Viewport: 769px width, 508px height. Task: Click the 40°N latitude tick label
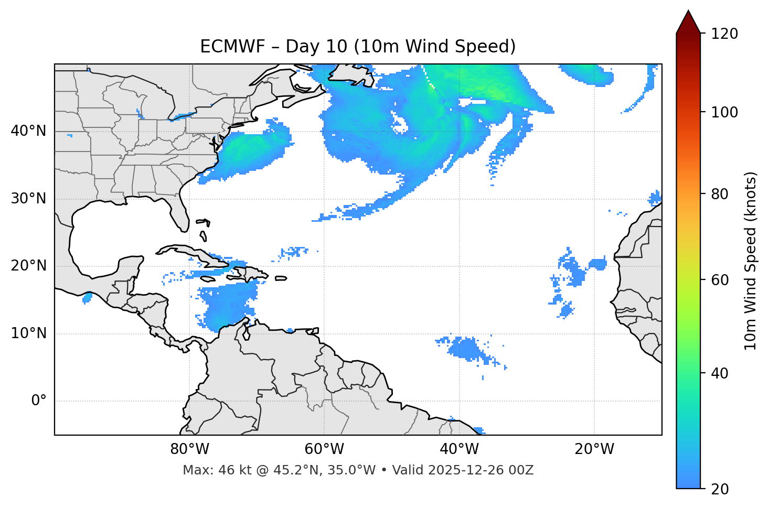tap(28, 131)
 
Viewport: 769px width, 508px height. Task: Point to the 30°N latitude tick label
tap(28, 199)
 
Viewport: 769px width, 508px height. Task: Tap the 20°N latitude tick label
tap(28, 266)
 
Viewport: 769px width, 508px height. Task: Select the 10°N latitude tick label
tap(28, 333)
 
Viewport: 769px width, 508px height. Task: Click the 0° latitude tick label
tap(39, 401)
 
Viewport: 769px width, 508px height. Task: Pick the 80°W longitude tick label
tap(189, 449)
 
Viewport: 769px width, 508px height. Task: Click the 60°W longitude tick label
tap(324, 449)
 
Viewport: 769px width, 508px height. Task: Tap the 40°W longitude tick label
tap(459, 449)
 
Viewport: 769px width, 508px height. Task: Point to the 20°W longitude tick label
tap(594, 449)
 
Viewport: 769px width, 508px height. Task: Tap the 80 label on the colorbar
tap(719, 194)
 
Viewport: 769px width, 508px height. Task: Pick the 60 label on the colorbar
tap(719, 280)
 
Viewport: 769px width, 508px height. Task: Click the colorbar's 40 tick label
tap(719, 373)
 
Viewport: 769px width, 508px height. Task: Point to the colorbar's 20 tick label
tap(719, 489)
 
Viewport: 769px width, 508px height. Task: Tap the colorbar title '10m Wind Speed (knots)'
tap(751, 261)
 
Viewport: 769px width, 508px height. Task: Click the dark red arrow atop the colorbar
tap(688, 23)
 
